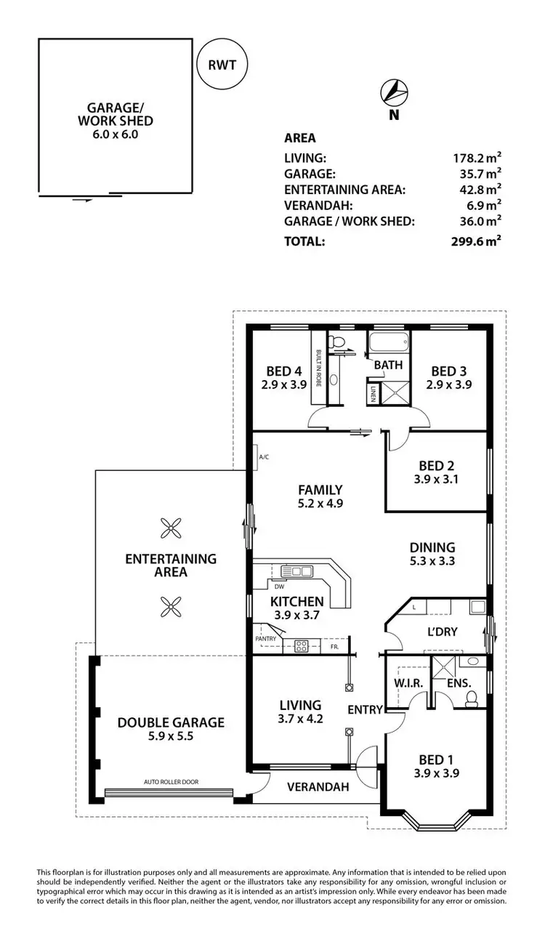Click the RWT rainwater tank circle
(222, 64)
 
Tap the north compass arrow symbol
(393, 92)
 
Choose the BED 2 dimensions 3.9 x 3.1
(437, 480)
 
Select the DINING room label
(432, 547)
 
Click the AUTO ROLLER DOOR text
(171, 782)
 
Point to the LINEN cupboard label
(374, 393)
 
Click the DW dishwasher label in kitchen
(279, 585)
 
